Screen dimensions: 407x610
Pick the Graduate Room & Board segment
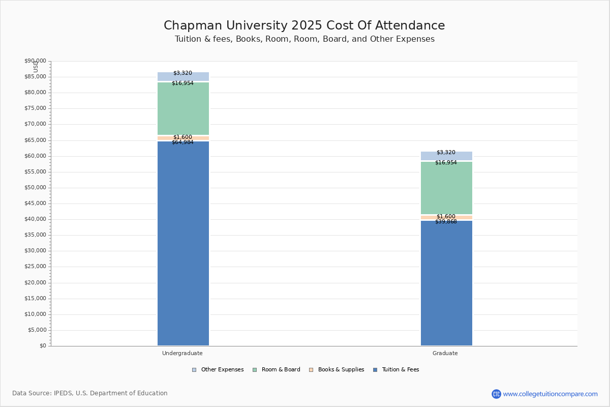click(446, 188)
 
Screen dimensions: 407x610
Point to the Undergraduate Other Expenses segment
click(183, 77)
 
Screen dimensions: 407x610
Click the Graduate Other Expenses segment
click(446, 156)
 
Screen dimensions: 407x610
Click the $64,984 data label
click(182, 142)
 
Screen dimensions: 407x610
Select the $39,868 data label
click(446, 222)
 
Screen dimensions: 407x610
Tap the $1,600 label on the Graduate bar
click(446, 217)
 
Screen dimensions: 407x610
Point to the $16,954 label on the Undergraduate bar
click(182, 83)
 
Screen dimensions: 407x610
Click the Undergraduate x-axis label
click(182, 353)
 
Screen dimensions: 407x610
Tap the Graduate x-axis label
click(445, 353)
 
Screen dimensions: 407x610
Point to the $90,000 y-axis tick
click(35, 61)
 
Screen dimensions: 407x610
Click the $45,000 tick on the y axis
click(35, 203)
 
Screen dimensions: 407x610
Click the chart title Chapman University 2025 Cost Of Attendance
click(304, 26)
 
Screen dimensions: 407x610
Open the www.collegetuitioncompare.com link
click(550, 394)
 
